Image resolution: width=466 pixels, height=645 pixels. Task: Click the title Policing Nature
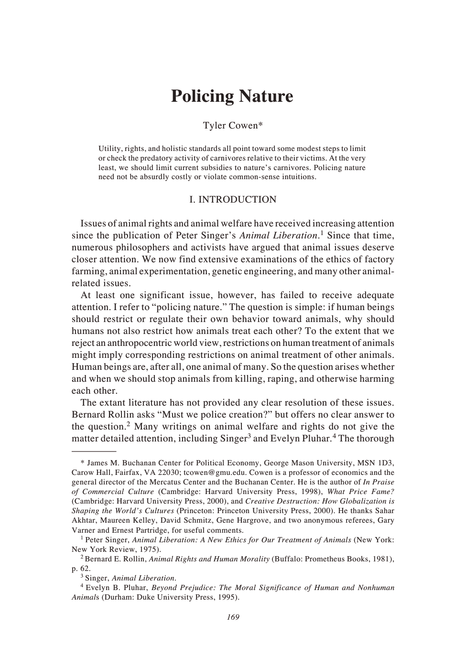coord(232,96)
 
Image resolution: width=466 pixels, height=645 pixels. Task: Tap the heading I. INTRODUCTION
coord(233,200)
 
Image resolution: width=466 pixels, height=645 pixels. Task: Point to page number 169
coord(233,617)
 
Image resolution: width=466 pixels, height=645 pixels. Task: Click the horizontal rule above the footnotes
coord(94,451)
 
